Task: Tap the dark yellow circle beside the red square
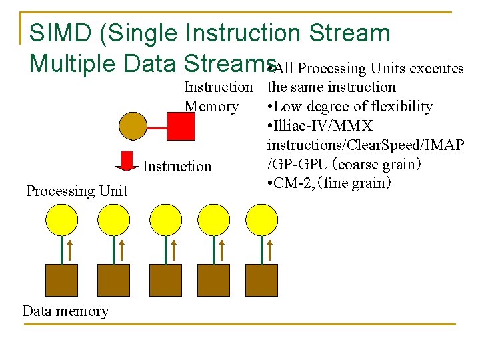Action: tap(133, 125)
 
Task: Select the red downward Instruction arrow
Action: tap(127, 161)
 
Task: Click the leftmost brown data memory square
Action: tap(61, 280)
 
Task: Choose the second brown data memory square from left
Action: tap(113, 280)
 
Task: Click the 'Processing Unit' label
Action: tap(77, 191)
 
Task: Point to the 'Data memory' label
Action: tap(65, 311)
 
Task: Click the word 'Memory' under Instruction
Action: tap(211, 107)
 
